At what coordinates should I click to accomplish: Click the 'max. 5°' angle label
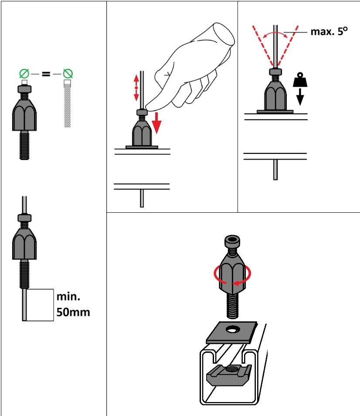coord(329,31)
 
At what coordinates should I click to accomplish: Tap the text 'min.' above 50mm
coord(68,297)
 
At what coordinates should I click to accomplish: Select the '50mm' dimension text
coord(73,312)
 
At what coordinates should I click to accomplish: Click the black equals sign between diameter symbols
coord(46,74)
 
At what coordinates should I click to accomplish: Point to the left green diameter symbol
coord(24,74)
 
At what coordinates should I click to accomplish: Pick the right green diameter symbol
coord(68,74)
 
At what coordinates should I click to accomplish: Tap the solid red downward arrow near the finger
coord(157,123)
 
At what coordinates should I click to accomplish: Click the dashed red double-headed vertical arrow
coord(136,88)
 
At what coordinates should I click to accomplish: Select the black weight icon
coord(300,80)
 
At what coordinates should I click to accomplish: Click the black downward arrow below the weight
coord(300,97)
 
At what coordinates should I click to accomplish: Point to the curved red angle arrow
coord(275,34)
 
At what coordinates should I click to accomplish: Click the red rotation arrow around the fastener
coord(232,277)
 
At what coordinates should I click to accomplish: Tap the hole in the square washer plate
coord(233,330)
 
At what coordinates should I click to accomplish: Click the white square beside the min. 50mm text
coord(40,305)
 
